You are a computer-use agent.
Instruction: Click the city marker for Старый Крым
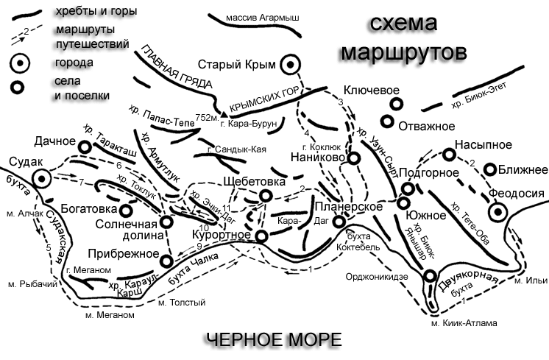pos(292,65)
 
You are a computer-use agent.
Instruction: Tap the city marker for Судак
pos(42,177)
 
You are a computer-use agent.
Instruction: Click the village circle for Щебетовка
pos(266,195)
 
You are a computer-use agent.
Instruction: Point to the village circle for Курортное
pos(261,236)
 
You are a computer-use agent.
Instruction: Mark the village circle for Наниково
pos(354,158)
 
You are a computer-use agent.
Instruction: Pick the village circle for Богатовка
pos(125,211)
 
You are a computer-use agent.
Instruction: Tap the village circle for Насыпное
pos(447,155)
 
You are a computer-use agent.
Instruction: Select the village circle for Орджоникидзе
pos(430,277)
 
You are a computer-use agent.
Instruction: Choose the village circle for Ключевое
pos(395,106)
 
